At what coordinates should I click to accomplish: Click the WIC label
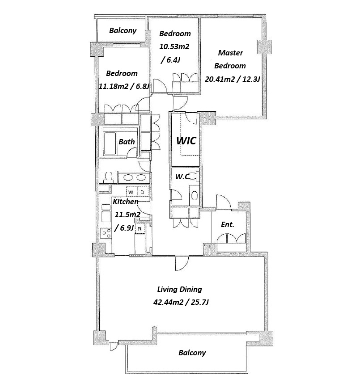(186, 140)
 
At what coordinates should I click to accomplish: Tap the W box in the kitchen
(131, 192)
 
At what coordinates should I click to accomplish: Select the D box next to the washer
(143, 192)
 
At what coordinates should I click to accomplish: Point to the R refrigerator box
(140, 228)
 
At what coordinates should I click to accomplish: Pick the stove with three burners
(106, 233)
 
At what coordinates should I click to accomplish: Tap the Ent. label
(228, 224)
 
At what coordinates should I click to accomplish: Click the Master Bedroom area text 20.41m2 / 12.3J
(232, 79)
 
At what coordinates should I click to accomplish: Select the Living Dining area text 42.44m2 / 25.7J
(181, 302)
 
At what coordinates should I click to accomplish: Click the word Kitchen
(126, 201)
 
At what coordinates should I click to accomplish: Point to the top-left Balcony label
(123, 30)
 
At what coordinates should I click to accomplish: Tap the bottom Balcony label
(192, 353)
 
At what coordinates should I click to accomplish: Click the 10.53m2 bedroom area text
(174, 46)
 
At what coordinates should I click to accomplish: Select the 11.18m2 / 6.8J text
(123, 86)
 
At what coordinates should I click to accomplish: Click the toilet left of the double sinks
(108, 177)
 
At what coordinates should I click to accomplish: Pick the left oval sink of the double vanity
(127, 178)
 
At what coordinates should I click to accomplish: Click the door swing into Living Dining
(182, 263)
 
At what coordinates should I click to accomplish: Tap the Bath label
(127, 142)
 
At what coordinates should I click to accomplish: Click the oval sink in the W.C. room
(195, 195)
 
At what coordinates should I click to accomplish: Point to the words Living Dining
(179, 289)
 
